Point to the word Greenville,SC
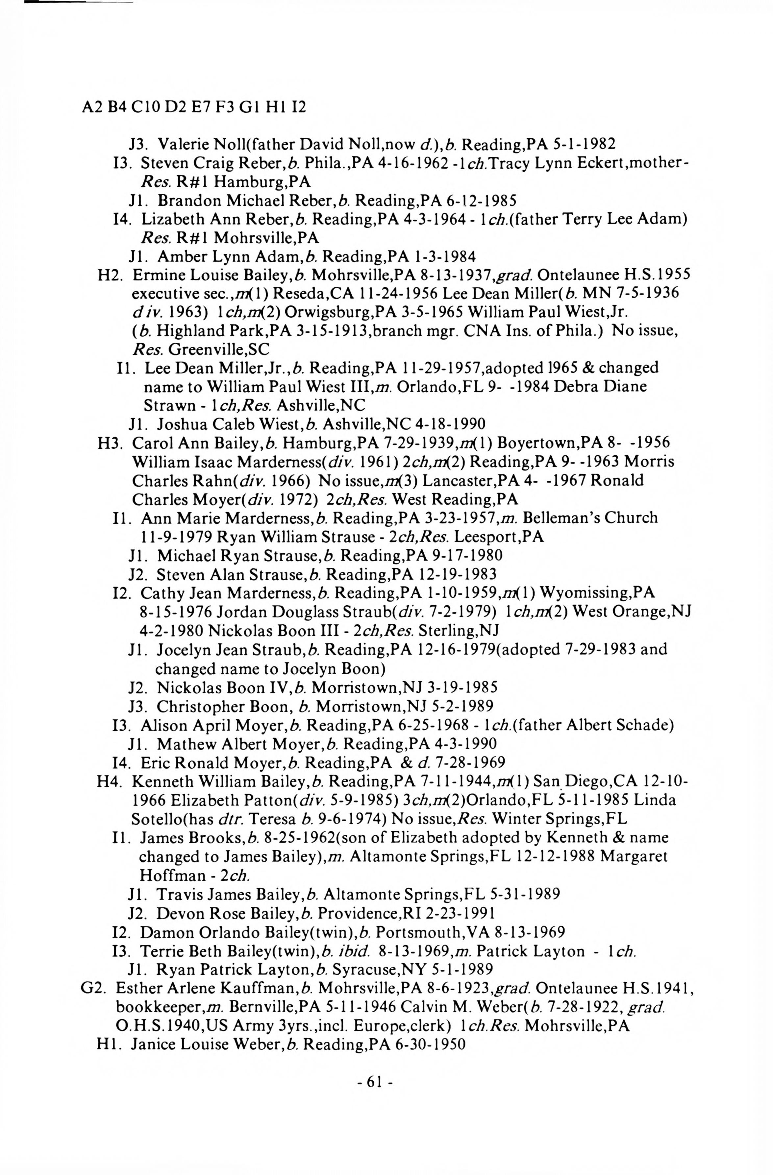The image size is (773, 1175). [219, 349]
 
